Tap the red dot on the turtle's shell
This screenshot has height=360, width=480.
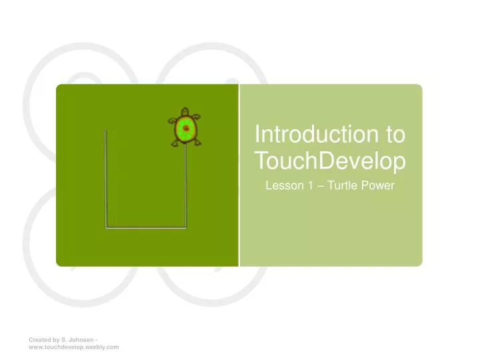coord(186,129)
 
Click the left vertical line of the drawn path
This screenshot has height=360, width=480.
coord(106,180)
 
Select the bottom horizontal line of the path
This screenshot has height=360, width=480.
coord(145,228)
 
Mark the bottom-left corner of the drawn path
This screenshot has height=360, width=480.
coord(106,228)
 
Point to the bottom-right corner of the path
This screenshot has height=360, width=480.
coord(185,228)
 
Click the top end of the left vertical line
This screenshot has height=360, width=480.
coord(106,131)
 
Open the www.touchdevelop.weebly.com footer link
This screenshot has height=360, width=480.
coord(73,347)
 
